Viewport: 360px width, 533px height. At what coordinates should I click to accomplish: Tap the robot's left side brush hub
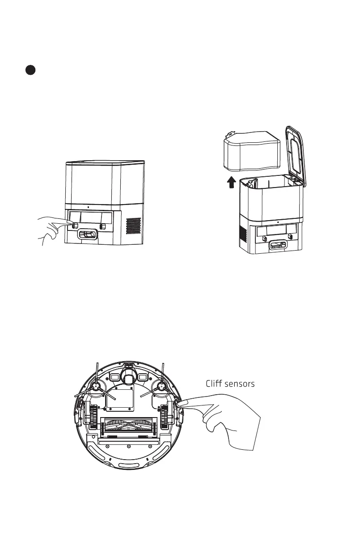[96, 385]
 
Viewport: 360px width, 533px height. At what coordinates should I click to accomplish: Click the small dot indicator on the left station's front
[88, 207]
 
